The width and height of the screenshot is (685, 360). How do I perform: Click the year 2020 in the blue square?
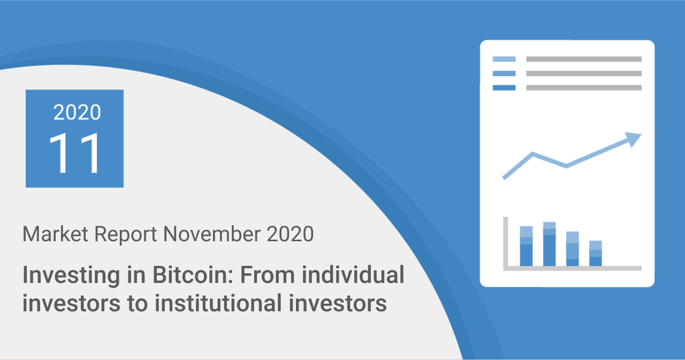(x=77, y=112)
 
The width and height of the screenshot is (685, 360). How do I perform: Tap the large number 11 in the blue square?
(x=75, y=154)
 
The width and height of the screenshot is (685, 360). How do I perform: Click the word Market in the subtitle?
(x=52, y=234)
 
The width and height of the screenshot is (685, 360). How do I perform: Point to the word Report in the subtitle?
(x=124, y=234)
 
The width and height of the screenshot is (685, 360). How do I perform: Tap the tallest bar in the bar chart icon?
(x=549, y=244)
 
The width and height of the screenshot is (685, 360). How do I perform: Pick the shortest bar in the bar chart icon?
(x=596, y=254)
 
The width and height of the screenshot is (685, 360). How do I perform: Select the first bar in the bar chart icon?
(x=526, y=246)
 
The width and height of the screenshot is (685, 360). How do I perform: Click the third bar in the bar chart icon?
(x=573, y=249)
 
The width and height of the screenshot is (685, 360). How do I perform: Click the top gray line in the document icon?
(x=583, y=59)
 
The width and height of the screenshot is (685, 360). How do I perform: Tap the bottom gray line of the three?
(x=583, y=88)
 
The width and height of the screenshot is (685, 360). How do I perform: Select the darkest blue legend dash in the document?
(x=504, y=88)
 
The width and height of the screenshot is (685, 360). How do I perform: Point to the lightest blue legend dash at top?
(x=504, y=59)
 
